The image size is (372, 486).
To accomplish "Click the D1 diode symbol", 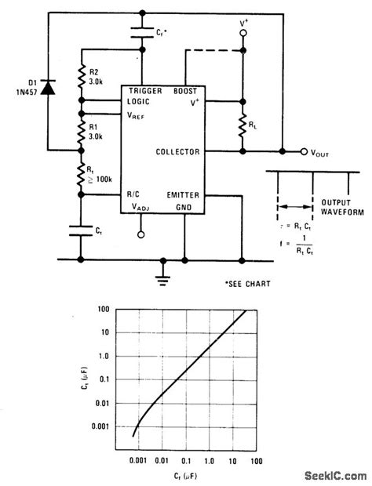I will click(x=48, y=89).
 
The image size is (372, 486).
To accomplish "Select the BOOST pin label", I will click(x=185, y=91).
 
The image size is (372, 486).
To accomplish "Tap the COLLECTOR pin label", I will click(x=178, y=151).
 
